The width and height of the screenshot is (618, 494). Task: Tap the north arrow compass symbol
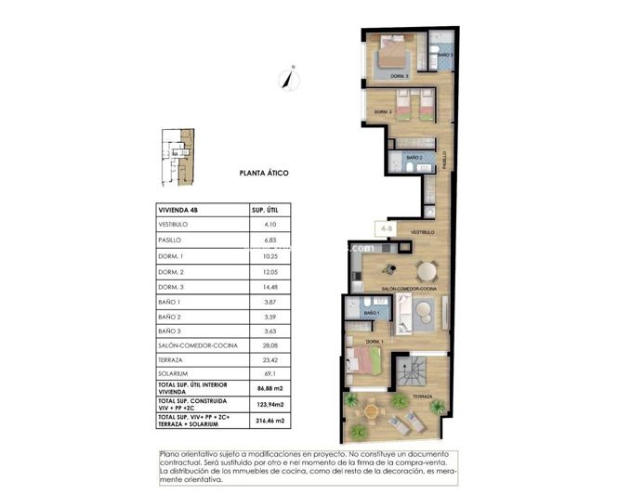291,78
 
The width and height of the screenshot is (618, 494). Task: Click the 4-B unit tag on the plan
383,226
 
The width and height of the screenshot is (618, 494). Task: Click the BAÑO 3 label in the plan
445,56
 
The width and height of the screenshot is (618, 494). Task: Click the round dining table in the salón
426,271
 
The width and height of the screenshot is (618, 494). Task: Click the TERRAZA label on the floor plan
424,396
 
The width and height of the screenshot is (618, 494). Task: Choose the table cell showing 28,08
271,345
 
